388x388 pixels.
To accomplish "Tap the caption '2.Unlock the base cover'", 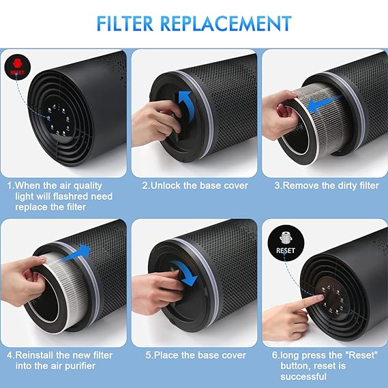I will click(194, 185).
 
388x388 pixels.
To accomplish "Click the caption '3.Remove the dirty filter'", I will click(325, 185).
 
